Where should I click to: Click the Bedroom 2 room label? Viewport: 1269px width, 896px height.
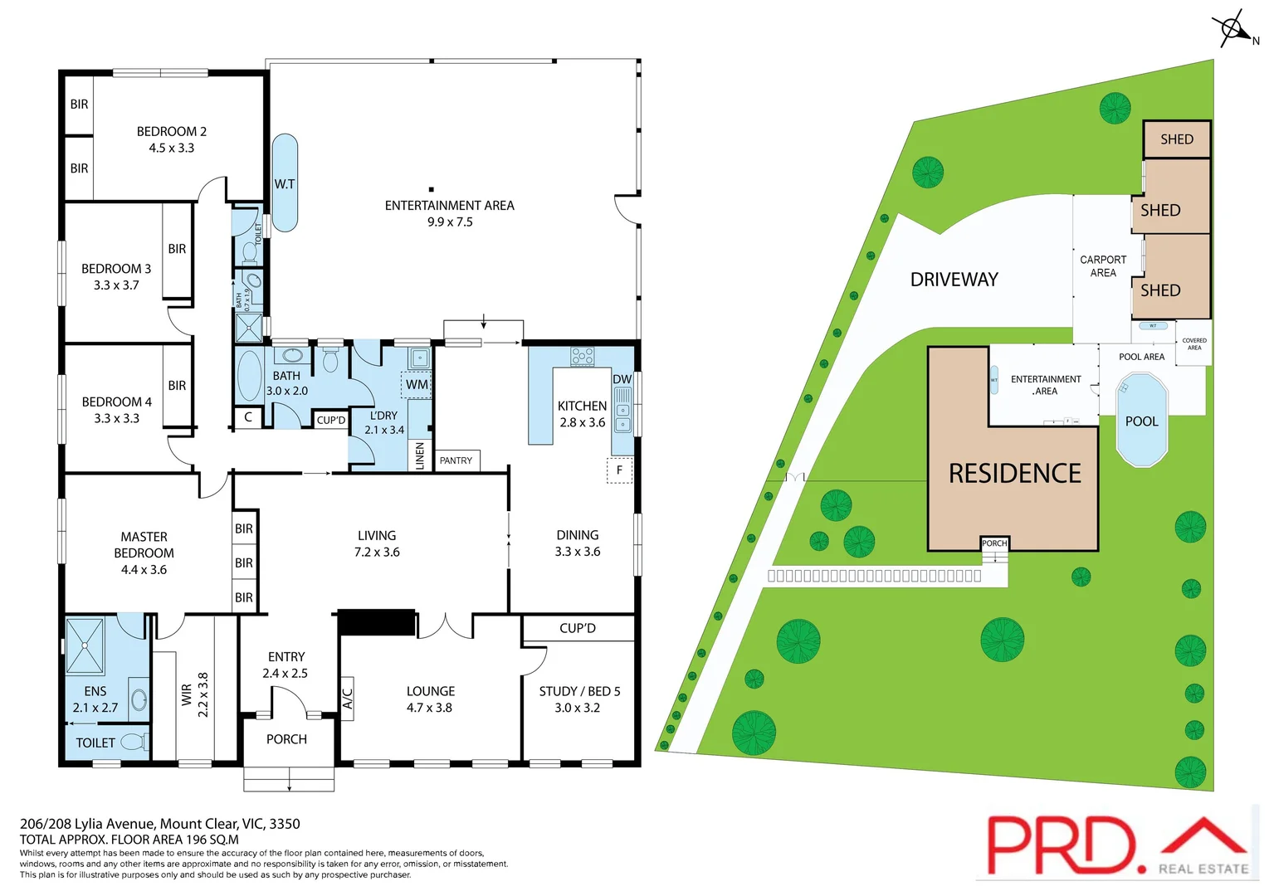point(172,139)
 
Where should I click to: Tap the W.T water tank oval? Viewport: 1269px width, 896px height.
point(285,183)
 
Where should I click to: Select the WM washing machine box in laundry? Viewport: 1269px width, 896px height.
point(417,385)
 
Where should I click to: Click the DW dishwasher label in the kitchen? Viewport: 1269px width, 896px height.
point(622,379)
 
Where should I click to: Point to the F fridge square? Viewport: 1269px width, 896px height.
point(619,470)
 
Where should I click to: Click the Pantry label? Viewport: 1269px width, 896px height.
point(456,460)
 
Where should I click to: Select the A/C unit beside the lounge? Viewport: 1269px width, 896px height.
point(348,699)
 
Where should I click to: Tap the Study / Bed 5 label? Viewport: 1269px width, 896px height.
point(578,699)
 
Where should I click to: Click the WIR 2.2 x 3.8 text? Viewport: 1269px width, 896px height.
point(195,694)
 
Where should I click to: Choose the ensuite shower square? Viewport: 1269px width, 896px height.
point(85,645)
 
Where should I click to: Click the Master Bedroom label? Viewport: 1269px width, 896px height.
point(144,553)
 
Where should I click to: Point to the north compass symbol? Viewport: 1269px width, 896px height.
point(1234,30)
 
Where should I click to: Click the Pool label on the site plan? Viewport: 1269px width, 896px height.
point(1141,421)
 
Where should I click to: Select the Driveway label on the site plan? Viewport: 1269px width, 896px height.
point(954,280)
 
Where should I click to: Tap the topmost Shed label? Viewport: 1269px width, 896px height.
point(1176,139)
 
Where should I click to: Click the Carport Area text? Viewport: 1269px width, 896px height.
point(1103,266)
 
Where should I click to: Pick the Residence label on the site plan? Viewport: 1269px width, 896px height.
point(1014,474)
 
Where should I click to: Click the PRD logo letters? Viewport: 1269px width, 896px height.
point(1060,845)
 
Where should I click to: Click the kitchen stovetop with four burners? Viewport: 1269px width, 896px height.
point(582,357)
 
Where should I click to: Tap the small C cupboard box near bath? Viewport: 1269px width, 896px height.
point(248,417)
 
